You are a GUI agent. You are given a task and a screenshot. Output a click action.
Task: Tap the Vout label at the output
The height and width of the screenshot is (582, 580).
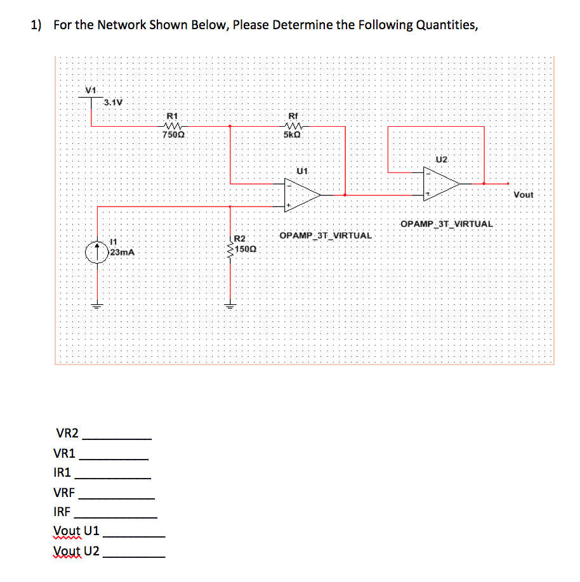(524, 195)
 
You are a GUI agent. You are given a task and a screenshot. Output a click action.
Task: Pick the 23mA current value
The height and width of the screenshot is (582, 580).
(122, 252)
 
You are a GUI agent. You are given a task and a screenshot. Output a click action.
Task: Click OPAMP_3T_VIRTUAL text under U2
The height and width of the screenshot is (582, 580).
(446, 224)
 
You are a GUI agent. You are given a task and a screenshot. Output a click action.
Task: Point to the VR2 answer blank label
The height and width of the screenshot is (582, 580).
(68, 434)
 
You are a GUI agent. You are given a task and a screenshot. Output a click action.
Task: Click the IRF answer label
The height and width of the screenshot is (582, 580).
(65, 512)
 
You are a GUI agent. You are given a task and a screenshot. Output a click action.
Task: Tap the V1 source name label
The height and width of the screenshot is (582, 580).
(91, 89)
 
